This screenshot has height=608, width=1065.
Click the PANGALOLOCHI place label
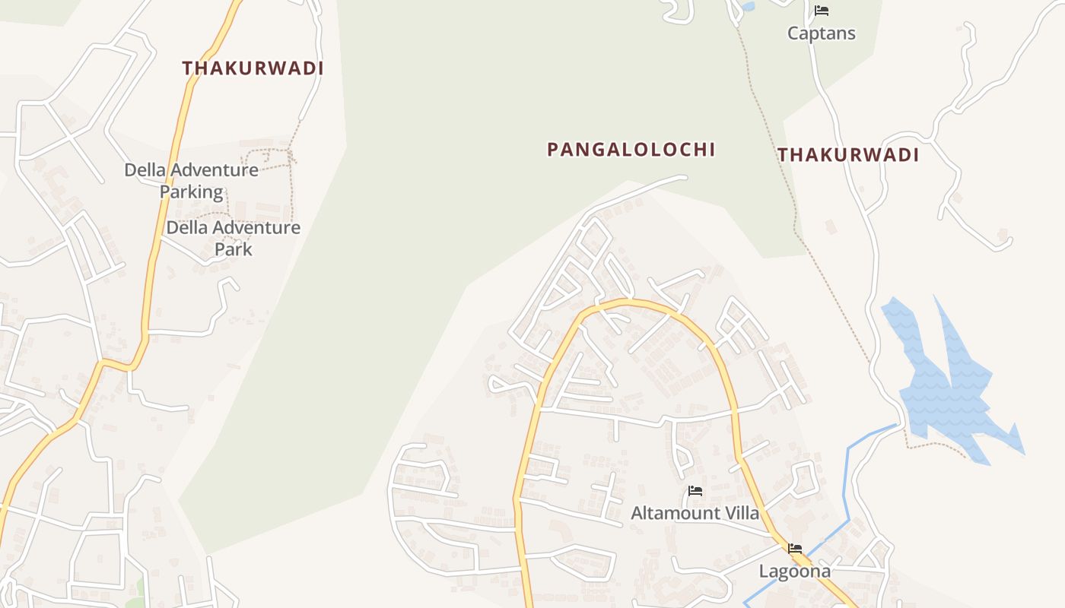[631, 150]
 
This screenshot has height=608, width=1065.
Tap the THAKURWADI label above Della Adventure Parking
[253, 68]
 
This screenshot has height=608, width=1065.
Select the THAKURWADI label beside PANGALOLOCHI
[848, 156]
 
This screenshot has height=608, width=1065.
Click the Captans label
[821, 33]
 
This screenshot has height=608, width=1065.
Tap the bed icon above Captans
[821, 11]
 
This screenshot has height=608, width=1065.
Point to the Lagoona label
[795, 572]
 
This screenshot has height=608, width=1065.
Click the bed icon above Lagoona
[795, 548]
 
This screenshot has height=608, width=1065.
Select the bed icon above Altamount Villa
[695, 491]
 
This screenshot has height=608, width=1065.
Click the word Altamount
[673, 514]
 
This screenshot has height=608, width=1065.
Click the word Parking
[192, 192]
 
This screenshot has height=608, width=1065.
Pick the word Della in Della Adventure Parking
[145, 170]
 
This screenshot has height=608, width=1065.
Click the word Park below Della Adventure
[233, 249]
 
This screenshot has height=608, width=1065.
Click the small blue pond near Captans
[749, 7]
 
